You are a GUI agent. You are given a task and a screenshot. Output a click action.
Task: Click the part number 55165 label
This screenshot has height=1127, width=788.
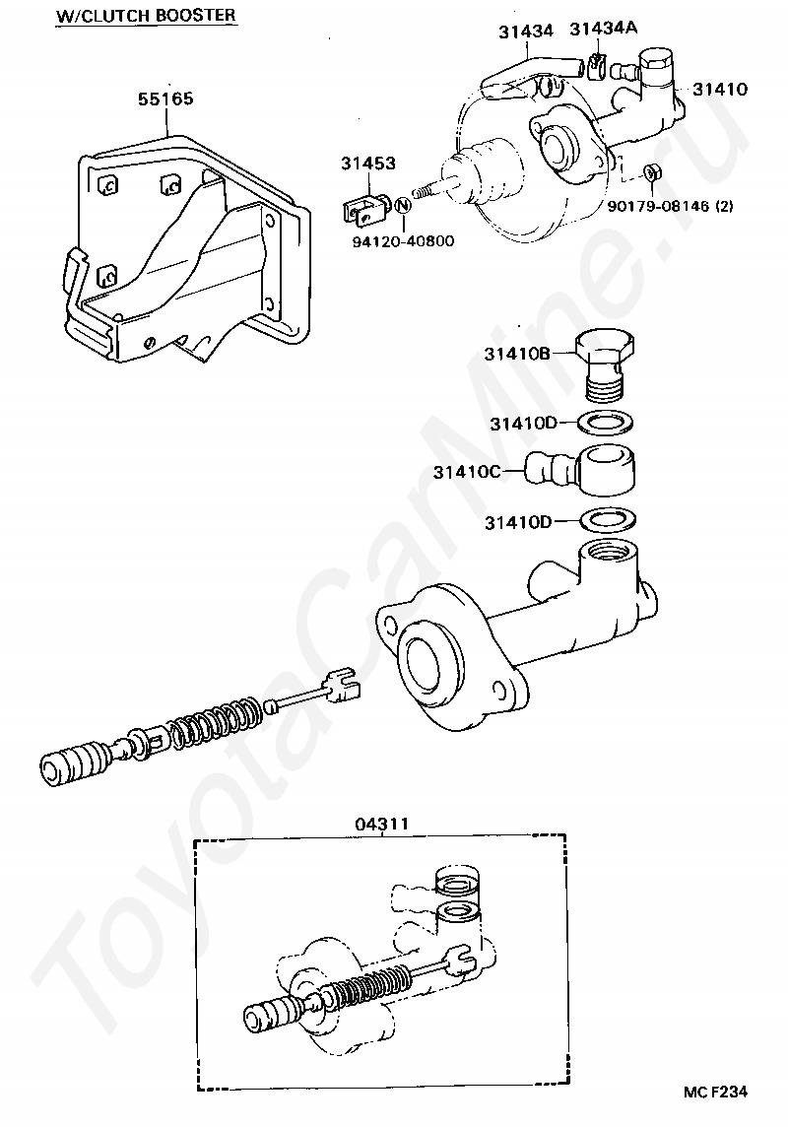click(x=165, y=99)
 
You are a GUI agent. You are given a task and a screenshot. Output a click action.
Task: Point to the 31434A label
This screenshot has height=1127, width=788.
click(x=603, y=28)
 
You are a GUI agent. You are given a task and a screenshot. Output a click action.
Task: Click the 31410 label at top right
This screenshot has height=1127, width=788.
click(x=719, y=89)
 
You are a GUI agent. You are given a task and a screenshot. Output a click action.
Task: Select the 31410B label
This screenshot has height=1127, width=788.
click(x=517, y=353)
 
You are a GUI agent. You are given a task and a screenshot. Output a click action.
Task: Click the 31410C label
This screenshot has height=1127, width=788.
click(x=466, y=472)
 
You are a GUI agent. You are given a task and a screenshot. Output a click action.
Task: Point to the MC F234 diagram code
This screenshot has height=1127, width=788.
click(x=716, y=1092)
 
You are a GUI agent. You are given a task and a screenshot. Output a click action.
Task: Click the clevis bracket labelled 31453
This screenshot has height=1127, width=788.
click(x=363, y=208)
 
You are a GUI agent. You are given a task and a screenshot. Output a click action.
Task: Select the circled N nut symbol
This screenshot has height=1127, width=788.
click(x=402, y=206)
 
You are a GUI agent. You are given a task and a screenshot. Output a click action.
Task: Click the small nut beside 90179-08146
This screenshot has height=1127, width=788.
click(x=651, y=174)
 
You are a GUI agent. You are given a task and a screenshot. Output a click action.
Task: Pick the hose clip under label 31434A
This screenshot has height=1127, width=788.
click(x=598, y=67)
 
